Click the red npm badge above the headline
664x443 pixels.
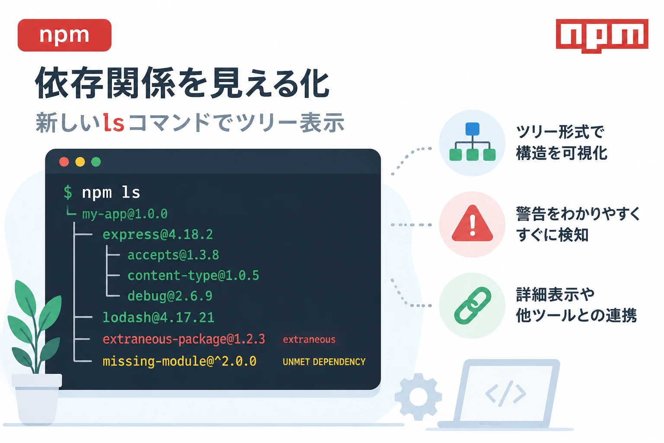click(x=64, y=35)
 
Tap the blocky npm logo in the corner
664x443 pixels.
click(x=602, y=36)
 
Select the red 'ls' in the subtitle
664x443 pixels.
click(x=114, y=122)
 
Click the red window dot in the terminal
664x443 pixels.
click(x=64, y=162)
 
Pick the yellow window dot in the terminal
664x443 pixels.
click(x=80, y=162)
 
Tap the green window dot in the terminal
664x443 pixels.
click(x=96, y=162)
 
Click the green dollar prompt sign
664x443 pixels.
click(x=68, y=192)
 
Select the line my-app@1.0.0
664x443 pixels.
click(x=125, y=214)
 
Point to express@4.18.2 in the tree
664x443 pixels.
click(x=158, y=234)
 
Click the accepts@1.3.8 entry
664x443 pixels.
click(x=173, y=255)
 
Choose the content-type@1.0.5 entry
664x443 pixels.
click(x=193, y=276)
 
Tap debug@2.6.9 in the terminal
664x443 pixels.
click(x=170, y=296)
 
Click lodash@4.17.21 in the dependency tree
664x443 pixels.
click(x=158, y=318)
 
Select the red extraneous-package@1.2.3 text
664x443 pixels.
click(x=184, y=339)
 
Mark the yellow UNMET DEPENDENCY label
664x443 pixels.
click(x=324, y=362)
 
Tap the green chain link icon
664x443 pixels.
click(x=472, y=305)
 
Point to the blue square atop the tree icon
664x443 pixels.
click(x=472, y=129)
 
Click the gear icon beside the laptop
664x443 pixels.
click(x=418, y=397)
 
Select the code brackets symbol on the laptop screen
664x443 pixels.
click(x=506, y=394)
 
